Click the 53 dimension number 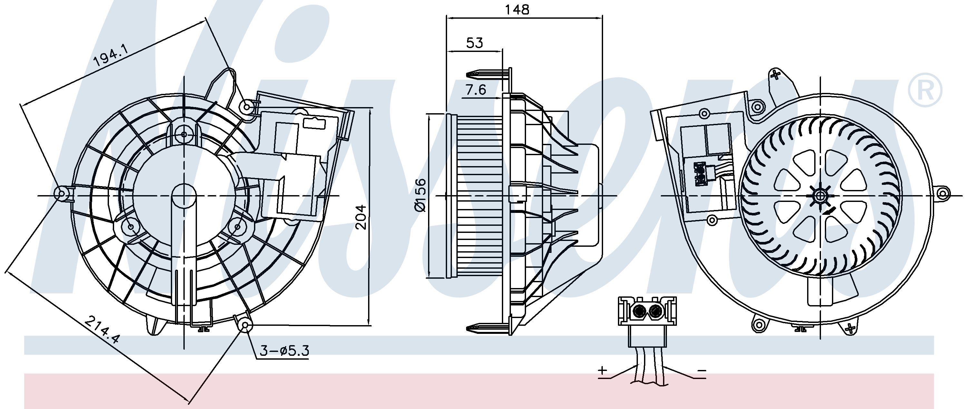(474, 43)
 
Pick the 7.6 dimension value (476, 90)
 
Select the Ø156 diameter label (421, 195)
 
